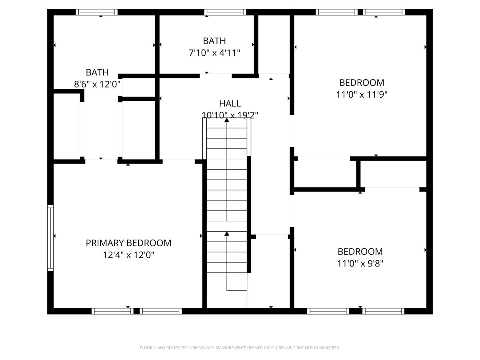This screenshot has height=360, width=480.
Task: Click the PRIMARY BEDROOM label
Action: click(128, 243)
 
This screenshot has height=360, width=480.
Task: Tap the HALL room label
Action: click(230, 103)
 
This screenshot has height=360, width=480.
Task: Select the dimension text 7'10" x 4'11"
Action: click(214, 53)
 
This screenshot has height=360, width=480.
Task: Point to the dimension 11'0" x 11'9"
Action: click(362, 94)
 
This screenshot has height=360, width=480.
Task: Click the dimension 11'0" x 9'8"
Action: click(360, 263)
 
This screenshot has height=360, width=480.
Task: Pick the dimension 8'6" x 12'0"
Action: click(97, 84)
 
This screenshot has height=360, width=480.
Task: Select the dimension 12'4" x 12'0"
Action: click(128, 255)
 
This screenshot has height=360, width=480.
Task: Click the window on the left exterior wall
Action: click(50, 238)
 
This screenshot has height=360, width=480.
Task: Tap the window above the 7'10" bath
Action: click(225, 12)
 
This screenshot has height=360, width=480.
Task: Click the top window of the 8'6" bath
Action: click(97, 12)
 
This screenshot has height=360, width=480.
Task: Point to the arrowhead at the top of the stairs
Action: click(227, 120)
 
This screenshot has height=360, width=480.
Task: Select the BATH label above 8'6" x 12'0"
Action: click(97, 72)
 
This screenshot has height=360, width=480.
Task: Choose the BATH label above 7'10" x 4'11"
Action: click(214, 41)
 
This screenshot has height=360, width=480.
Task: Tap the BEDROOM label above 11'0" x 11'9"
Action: click(362, 83)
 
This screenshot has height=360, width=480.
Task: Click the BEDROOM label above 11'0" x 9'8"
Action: click(360, 252)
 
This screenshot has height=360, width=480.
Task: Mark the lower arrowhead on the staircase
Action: click(227, 234)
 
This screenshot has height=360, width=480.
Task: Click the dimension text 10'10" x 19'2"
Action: click(230, 115)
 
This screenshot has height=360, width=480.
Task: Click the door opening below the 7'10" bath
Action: click(216, 76)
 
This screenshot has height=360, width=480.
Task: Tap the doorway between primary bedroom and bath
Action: click(101, 161)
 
